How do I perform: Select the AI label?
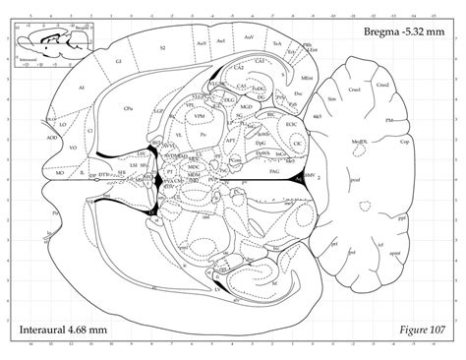(82, 89)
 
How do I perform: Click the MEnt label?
(308, 77)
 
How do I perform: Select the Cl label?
(88, 129)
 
